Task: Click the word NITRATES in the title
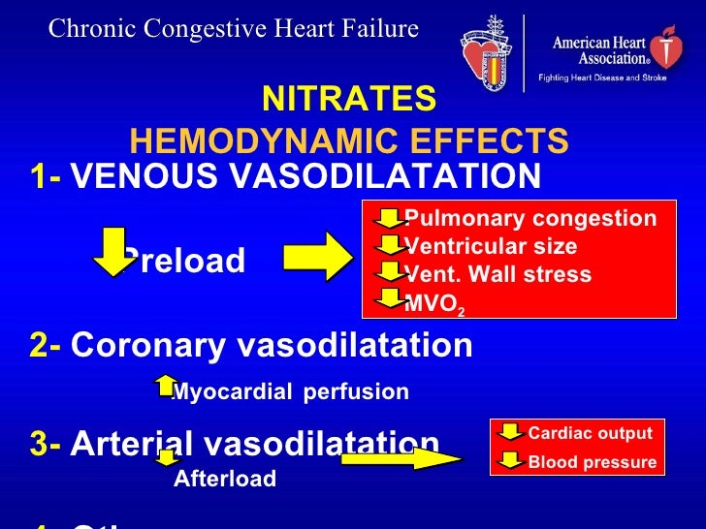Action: click(x=349, y=99)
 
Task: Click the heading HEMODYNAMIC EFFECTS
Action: click(x=349, y=141)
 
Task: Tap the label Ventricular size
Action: click(x=491, y=246)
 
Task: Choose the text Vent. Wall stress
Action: click(x=497, y=274)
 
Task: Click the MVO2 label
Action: click(x=433, y=302)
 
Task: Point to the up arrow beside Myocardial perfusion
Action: click(x=164, y=386)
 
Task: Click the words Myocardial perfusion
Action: click(x=290, y=392)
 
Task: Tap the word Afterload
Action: click(x=225, y=479)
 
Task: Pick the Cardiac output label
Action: click(x=590, y=433)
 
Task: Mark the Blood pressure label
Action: click(x=592, y=462)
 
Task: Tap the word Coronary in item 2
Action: click(x=143, y=346)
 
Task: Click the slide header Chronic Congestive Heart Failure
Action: click(x=234, y=29)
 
